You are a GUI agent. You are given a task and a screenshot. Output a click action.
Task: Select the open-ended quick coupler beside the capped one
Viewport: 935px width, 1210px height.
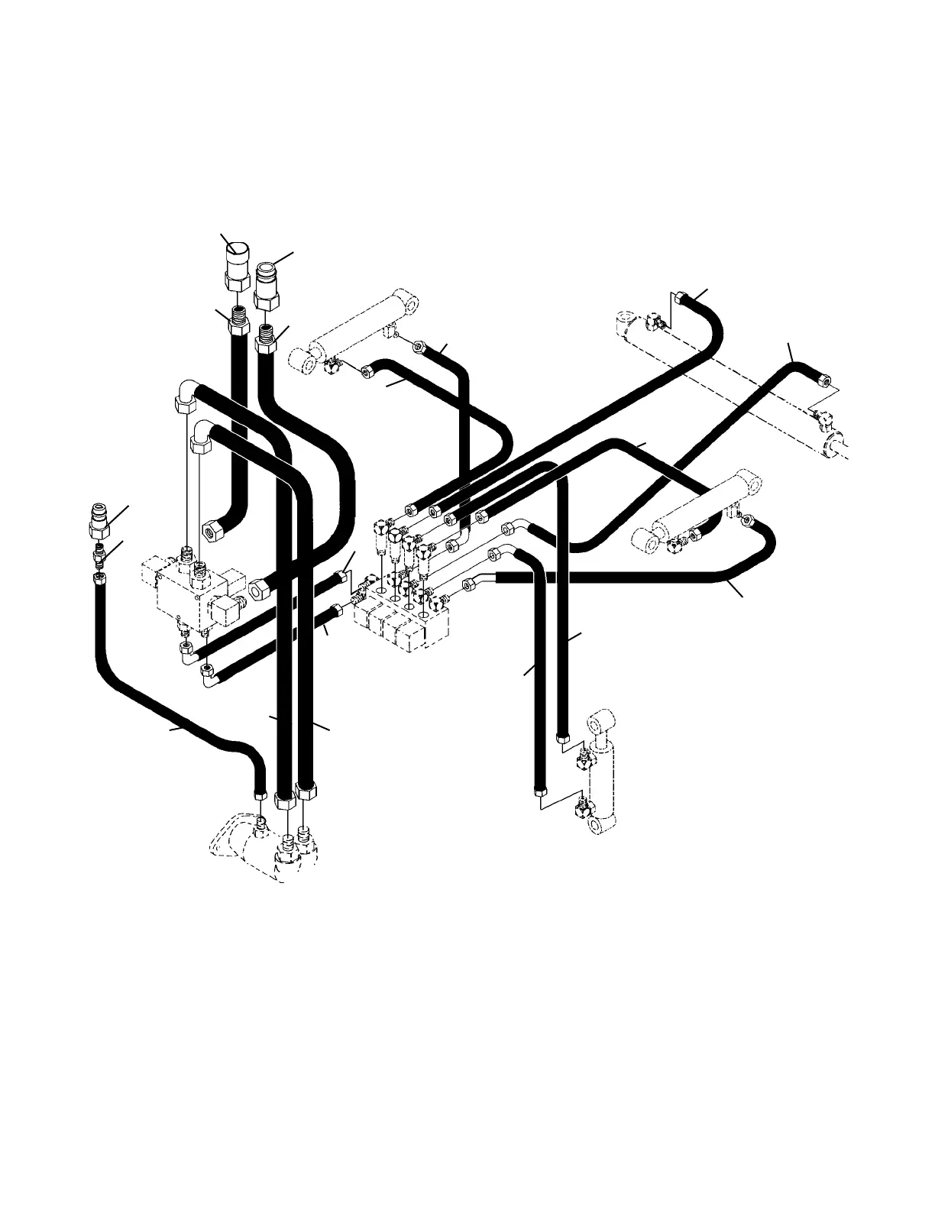tap(265, 283)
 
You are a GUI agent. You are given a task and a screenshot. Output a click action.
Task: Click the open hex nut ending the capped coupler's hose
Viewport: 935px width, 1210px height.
tap(212, 529)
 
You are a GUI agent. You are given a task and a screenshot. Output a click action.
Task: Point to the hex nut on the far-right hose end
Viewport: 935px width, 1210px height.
tap(824, 379)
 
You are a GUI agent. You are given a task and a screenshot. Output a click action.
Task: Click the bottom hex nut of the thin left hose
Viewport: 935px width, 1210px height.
tap(260, 797)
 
